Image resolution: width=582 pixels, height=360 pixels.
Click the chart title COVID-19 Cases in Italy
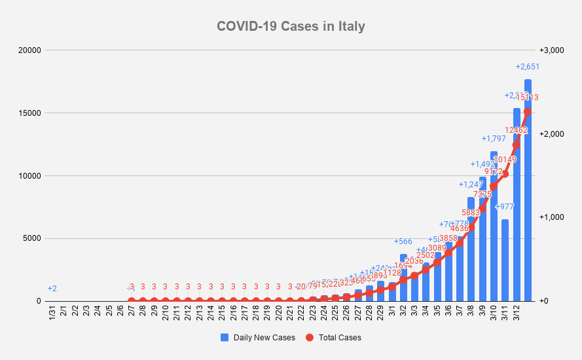tap(291, 27)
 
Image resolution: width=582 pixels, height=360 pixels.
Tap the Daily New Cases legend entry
tap(258, 338)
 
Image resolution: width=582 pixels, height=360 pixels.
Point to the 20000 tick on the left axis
tap(29, 50)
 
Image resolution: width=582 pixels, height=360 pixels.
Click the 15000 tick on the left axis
tap(29, 113)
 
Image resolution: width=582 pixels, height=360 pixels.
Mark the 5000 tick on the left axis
tap(31, 239)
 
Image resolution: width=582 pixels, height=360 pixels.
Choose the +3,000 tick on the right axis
tap(551, 50)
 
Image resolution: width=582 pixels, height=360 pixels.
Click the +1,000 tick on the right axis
tap(551, 217)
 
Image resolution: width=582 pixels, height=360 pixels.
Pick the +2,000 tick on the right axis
tap(551, 134)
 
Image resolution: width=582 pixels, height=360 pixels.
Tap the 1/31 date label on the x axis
tap(52, 313)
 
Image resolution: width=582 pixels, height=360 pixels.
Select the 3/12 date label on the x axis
tap(516, 313)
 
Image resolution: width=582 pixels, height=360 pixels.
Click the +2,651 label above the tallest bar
tap(528, 67)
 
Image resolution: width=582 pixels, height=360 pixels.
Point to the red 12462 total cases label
tap(516, 130)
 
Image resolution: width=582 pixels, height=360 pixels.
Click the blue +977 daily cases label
tap(505, 207)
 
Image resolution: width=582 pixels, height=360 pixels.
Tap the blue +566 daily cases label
tap(403, 242)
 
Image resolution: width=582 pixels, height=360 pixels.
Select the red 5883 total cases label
tap(471, 212)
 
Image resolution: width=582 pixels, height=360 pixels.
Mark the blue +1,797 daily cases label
tap(493, 139)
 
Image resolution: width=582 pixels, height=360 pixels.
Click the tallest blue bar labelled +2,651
tap(528, 196)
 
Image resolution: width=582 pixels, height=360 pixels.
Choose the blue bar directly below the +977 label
tap(505, 262)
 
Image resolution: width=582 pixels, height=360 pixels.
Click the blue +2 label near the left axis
tap(52, 289)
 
